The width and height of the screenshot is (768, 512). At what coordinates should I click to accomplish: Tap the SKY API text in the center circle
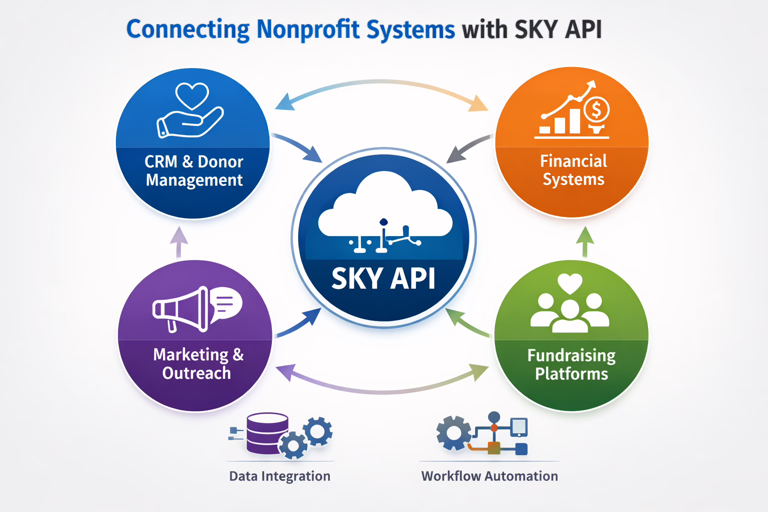tap(383, 278)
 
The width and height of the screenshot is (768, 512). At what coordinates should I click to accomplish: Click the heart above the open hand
tap(192, 95)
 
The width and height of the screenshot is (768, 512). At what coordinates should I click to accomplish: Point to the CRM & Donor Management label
tap(194, 170)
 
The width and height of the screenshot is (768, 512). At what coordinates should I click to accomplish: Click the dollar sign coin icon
tap(596, 109)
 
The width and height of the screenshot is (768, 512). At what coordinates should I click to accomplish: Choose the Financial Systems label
tap(573, 170)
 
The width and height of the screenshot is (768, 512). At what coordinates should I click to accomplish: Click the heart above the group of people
tap(570, 283)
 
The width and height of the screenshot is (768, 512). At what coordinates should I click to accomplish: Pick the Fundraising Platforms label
tap(571, 364)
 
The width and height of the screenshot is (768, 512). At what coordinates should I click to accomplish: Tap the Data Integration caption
tap(279, 476)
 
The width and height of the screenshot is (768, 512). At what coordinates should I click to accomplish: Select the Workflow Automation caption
tap(489, 476)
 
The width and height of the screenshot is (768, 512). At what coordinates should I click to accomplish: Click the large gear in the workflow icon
tap(453, 433)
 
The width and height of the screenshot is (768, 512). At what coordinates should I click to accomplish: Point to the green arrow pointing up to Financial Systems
tap(584, 242)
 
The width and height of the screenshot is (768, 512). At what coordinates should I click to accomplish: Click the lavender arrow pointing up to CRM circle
tap(178, 242)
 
